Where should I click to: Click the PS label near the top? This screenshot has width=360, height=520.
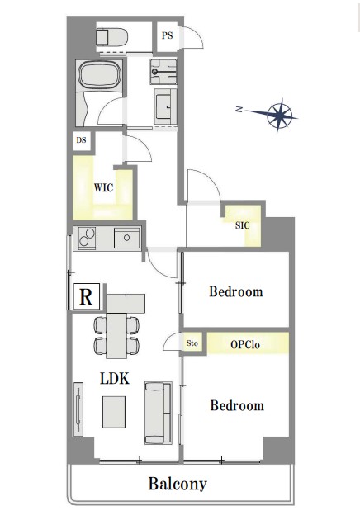pos(168,35)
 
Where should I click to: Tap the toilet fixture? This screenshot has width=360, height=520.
pos(111,36)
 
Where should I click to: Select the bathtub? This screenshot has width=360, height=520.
pos(100,75)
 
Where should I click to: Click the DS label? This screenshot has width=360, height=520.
pos(81,140)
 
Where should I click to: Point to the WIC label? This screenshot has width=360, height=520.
pos(103,187)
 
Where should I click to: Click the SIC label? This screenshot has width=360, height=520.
pos(242,225)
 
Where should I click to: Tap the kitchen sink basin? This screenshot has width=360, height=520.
pos(126,238)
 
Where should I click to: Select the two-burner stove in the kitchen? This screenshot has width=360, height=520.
pos(87,238)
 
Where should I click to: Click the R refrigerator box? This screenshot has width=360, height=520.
pos(86,296)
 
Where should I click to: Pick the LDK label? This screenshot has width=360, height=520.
pos(115,378)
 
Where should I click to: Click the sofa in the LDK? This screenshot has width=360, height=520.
pos(159,413)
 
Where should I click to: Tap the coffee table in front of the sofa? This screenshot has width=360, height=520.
pos(114,412)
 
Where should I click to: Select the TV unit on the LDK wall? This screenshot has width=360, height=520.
pos(78,409)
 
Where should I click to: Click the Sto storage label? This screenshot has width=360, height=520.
pos(192,343)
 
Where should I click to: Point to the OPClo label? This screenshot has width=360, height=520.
pos(245,344)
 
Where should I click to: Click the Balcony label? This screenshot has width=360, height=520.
pos(178,484)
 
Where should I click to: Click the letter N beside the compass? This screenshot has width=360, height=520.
pos(239,109)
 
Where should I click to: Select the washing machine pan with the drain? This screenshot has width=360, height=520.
pos(163,71)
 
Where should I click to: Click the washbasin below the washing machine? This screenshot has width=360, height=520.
pos(165,106)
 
